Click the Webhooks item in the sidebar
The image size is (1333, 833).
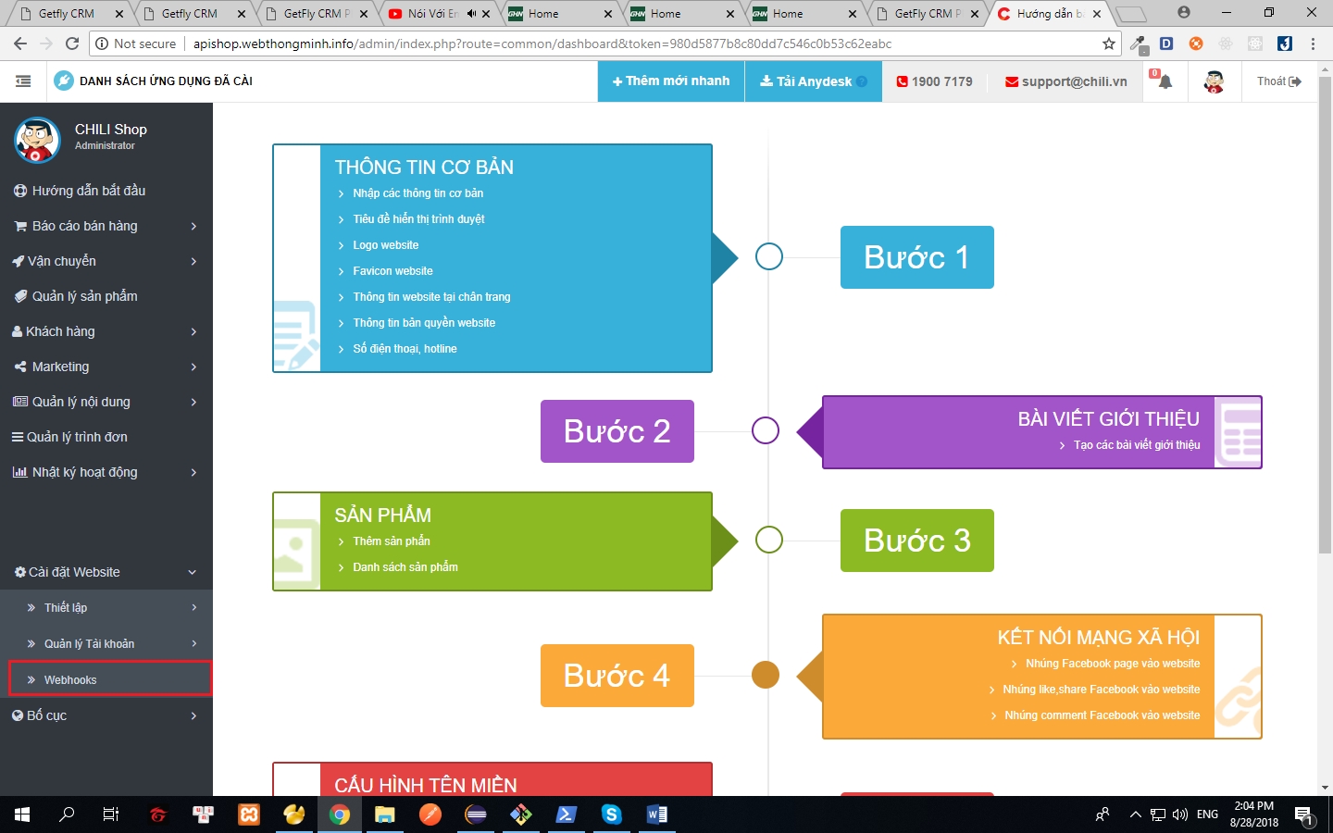tap(70, 679)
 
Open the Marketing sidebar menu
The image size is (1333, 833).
tap(61, 367)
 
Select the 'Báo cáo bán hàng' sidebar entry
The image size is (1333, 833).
tap(84, 226)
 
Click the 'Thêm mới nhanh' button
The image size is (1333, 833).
tap(671, 81)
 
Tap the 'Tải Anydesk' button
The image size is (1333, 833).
tap(813, 81)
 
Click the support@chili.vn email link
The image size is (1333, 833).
tap(1066, 81)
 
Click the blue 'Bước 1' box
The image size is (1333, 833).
tap(916, 257)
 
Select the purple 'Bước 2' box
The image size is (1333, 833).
tap(617, 431)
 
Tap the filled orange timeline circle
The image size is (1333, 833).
tap(766, 675)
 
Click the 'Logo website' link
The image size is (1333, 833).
tap(385, 245)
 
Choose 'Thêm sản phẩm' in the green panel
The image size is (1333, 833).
tap(391, 541)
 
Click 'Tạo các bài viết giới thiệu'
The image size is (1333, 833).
tap(1136, 445)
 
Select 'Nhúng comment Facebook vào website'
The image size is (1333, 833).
tap(1102, 715)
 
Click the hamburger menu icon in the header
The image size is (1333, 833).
tap(23, 81)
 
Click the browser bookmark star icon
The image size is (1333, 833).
tap(1109, 44)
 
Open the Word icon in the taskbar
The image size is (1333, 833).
tap(656, 814)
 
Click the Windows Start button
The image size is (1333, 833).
tap(22, 814)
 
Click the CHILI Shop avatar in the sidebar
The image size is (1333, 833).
tap(37, 139)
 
